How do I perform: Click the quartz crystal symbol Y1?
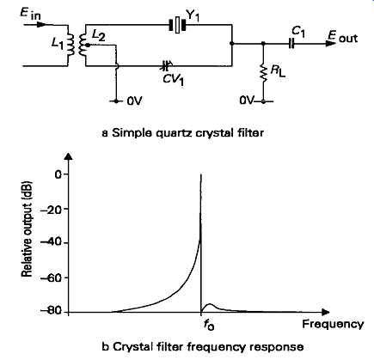click(x=177, y=25)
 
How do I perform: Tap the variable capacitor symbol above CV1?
click(x=165, y=66)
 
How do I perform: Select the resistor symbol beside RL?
click(x=264, y=72)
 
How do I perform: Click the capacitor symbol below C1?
click(x=291, y=44)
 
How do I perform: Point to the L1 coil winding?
click(x=71, y=45)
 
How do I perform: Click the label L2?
click(x=97, y=36)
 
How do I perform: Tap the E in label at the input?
click(x=30, y=13)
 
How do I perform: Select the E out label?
click(x=343, y=37)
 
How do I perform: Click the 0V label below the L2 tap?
click(x=134, y=101)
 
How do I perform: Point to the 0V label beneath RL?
click(x=247, y=101)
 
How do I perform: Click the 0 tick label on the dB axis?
click(x=58, y=174)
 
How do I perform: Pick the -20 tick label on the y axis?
click(x=51, y=209)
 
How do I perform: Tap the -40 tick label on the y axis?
click(x=51, y=243)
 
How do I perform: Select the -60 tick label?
click(x=51, y=278)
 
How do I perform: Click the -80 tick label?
click(x=51, y=312)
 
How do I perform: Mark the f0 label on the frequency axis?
click(x=208, y=325)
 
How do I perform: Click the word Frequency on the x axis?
click(x=333, y=324)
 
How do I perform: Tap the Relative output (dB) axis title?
click(x=27, y=229)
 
